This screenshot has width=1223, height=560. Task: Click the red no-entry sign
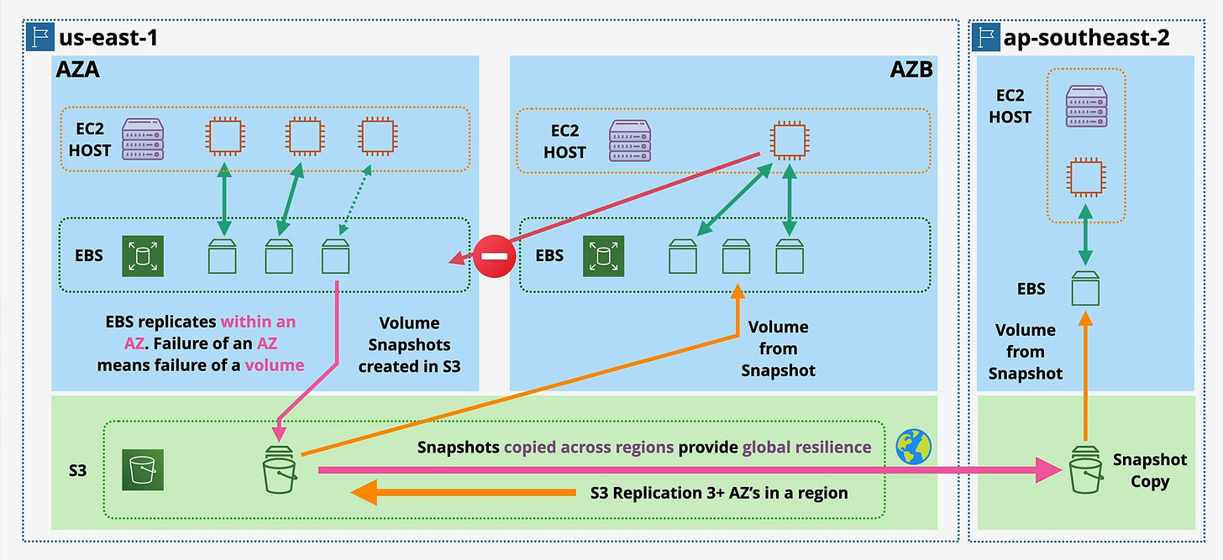click(495, 254)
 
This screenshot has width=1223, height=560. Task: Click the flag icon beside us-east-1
click(37, 38)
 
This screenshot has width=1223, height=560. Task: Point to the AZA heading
click(77, 70)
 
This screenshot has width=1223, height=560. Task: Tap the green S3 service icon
click(143, 469)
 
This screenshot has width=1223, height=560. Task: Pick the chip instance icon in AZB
click(785, 139)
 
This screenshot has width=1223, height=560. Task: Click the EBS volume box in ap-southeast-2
click(1084, 288)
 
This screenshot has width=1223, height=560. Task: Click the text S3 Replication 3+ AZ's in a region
click(719, 493)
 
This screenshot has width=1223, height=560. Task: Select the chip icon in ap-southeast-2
click(1084, 179)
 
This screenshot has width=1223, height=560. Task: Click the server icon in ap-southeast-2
click(1084, 106)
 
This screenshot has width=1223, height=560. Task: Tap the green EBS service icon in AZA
click(143, 256)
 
